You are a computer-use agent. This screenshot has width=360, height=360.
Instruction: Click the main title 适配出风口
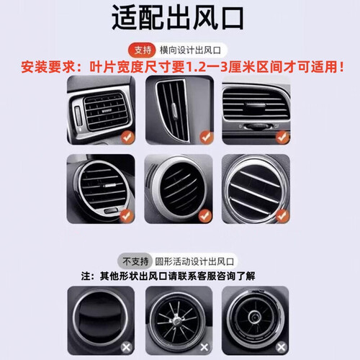coord(178,19)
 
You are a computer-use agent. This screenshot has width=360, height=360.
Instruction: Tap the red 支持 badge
coord(143,50)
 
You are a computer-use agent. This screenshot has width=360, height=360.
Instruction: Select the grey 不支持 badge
coord(135,261)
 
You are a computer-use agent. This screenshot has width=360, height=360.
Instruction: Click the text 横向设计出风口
coord(190,50)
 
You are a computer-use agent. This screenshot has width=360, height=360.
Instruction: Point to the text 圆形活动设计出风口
coord(194,261)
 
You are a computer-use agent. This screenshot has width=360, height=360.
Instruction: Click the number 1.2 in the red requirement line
coord(196,67)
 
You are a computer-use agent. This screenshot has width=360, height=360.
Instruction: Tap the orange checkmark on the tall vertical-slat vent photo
coord(206,137)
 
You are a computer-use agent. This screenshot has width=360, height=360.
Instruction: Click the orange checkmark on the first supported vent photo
coord(127,138)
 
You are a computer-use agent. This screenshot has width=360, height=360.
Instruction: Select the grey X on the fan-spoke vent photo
coord(204,347)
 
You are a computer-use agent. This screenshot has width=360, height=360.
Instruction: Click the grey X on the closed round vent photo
coord(126,347)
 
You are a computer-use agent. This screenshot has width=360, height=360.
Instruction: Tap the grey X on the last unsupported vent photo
coord(282,347)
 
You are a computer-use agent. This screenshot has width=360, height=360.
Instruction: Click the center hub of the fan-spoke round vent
coord(176,320)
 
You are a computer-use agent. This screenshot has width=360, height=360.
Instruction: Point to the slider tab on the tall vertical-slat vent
coord(174,112)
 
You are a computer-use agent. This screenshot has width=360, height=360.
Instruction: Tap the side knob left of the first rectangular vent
coord(78,117)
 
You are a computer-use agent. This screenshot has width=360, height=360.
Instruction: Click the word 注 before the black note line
coord(86,276)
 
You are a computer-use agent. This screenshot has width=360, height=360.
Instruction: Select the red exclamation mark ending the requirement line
coord(342,67)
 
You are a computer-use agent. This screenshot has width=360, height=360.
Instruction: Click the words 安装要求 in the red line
coord(48,67)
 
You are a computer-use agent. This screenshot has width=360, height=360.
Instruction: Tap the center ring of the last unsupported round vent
coord(254,318)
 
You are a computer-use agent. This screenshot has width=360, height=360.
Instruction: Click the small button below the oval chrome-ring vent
coord(111,211)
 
